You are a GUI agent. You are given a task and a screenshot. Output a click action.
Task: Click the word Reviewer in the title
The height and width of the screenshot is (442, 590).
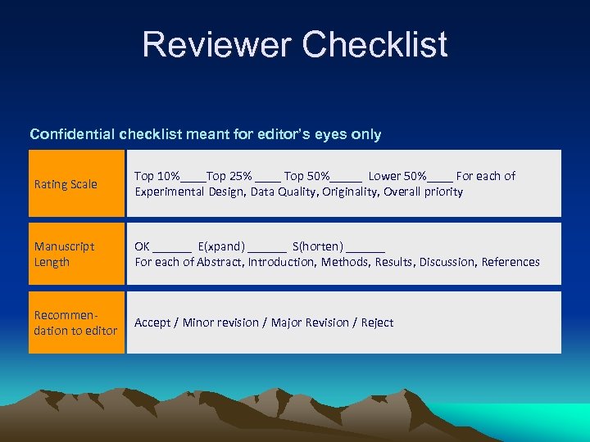216,44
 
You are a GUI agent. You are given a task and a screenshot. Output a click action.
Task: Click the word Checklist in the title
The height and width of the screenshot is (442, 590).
374,44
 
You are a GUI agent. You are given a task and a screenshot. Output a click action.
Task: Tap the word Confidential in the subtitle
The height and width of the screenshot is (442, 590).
72,134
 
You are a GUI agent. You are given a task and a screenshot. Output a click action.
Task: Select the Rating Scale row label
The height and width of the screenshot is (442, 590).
66,184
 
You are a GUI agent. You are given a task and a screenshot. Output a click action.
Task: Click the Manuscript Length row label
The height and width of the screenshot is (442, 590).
64,254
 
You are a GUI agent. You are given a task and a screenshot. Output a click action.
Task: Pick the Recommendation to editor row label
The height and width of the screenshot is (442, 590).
75,322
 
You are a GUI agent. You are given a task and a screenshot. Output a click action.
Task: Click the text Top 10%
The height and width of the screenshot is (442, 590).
157,176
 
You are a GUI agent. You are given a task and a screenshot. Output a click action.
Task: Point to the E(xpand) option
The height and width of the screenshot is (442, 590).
221,246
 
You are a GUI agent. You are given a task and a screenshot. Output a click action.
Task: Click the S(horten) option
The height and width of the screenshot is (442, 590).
318,246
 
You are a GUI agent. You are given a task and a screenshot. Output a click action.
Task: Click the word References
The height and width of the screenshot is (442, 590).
511,262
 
